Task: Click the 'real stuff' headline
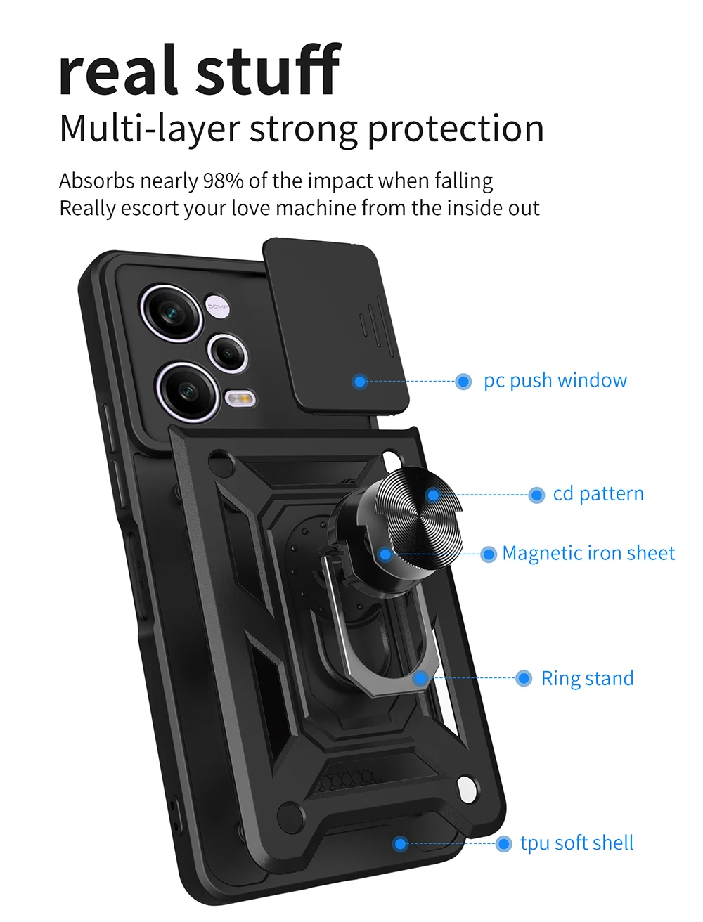(x=199, y=70)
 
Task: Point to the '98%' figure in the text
(x=223, y=181)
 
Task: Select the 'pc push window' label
(x=555, y=380)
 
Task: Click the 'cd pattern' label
(x=598, y=493)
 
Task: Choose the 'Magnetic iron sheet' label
(x=588, y=553)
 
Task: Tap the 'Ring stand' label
(x=587, y=678)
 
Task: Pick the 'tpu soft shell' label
(x=576, y=843)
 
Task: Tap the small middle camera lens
(x=228, y=352)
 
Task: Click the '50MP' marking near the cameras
(x=218, y=306)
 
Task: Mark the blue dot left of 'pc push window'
(x=463, y=382)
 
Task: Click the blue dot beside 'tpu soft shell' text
(x=503, y=844)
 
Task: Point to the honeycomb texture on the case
(x=347, y=779)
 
